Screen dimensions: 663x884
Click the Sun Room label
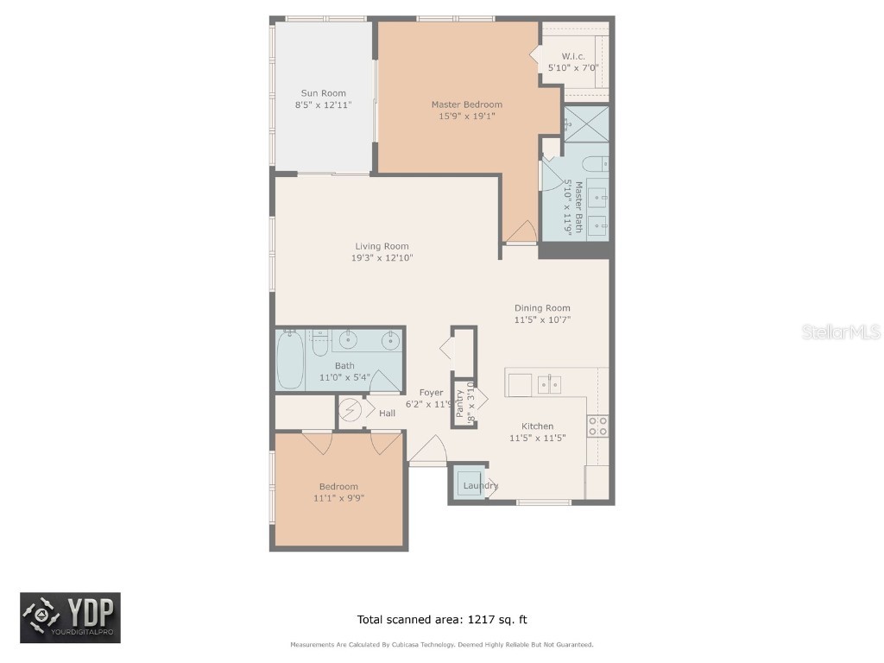coord(323,93)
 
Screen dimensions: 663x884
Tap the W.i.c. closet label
coord(573,56)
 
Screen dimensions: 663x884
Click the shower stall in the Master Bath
coord(587,123)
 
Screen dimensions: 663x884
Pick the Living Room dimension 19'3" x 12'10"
coord(382,257)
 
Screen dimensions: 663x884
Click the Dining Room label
coord(542,308)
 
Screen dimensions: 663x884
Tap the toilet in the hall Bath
coord(319,344)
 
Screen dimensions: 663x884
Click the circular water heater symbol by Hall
coord(350,409)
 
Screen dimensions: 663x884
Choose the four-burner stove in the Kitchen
coord(597,425)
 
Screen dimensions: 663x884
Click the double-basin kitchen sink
coord(550,384)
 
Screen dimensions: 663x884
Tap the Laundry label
coord(480,486)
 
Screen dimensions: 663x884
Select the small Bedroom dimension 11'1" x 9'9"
coord(338,498)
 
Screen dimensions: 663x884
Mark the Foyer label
coord(431,393)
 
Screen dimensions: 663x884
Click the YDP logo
coord(70,618)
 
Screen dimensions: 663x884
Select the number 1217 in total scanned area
coord(480,619)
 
